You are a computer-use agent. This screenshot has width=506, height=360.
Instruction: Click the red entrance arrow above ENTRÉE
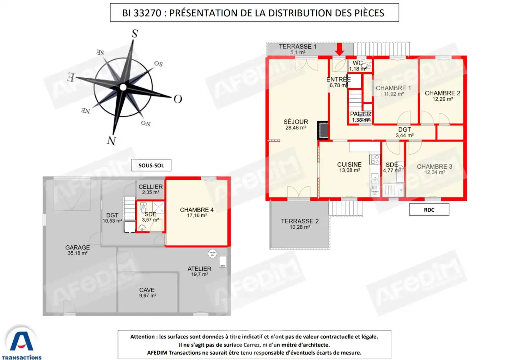point(339,49)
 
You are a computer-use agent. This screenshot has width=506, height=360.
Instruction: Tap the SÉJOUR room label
point(296,124)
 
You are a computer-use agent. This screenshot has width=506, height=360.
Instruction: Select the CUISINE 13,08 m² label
point(349,167)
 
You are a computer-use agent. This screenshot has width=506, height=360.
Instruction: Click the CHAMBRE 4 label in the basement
point(197,212)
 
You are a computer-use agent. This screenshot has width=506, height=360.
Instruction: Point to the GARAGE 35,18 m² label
point(77,250)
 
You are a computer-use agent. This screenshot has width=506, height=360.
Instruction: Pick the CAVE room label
point(147,292)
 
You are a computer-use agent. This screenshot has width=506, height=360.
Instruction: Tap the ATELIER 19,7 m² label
point(200,271)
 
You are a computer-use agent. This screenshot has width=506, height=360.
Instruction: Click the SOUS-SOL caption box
point(151,165)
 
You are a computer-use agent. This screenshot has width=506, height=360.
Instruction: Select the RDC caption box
point(429,210)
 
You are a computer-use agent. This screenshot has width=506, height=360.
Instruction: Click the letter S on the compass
point(135,34)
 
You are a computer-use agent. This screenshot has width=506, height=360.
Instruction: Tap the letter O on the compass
point(177,99)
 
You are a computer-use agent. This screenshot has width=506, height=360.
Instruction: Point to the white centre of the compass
point(123,87)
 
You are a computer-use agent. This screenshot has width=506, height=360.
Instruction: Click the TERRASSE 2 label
point(300,224)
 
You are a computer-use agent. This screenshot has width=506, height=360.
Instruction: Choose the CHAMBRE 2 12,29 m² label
point(442,96)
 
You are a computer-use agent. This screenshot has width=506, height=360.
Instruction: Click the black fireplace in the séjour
point(323,130)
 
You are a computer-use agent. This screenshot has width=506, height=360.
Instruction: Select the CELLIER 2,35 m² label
point(150,189)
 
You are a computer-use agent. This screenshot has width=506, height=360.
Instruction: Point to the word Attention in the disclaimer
point(142,337)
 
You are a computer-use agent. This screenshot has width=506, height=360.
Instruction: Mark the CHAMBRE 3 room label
point(434,169)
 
